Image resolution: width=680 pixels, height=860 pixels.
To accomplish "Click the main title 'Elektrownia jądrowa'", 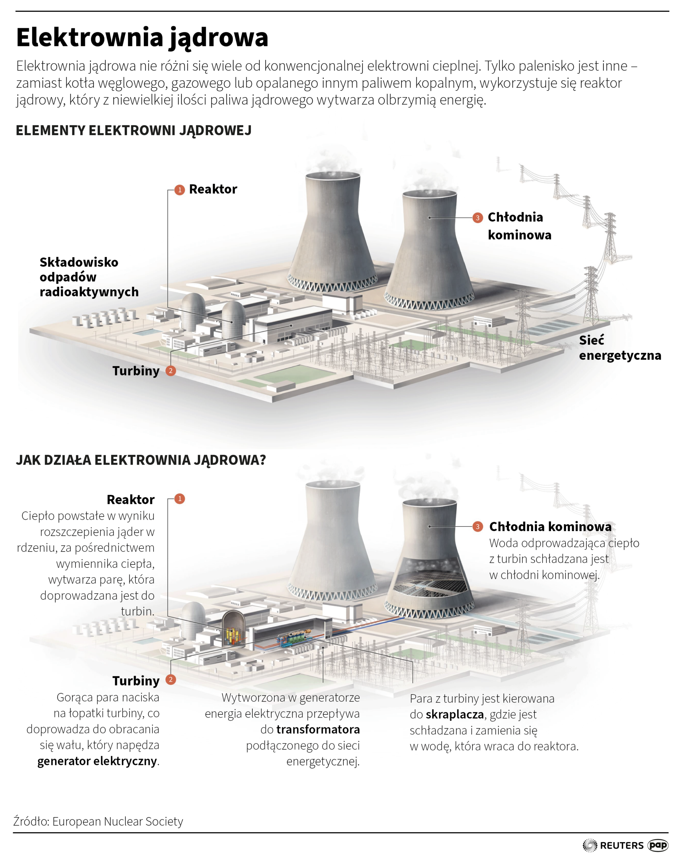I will tap(142, 38).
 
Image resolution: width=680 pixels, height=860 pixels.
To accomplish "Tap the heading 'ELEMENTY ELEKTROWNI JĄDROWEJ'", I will tap(133, 131).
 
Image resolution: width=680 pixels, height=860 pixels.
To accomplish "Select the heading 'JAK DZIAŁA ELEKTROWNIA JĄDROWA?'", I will tap(140, 460).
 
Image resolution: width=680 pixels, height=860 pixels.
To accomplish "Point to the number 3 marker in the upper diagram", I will tap(478, 218).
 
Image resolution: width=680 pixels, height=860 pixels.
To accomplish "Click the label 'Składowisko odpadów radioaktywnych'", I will tap(89, 277).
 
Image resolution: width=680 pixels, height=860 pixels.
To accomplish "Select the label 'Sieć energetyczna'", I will tap(620, 348).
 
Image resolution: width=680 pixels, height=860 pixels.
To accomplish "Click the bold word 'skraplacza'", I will tap(455, 714).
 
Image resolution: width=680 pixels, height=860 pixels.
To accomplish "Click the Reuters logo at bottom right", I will tap(613, 845).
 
